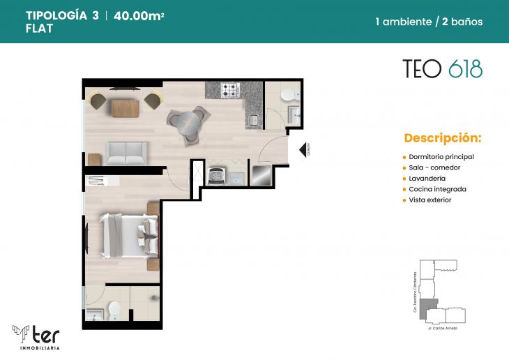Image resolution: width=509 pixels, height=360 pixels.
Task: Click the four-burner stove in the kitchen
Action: tap(230, 90)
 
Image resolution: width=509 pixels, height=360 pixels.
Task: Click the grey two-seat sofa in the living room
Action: tap(126, 151)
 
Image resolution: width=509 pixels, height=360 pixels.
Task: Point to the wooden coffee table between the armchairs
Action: tap(126, 107)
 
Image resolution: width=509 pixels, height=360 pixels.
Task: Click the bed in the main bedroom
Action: tap(130, 234)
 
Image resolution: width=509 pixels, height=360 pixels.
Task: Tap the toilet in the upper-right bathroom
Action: tap(289, 96)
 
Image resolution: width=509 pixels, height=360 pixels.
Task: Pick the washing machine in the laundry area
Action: tap(217, 176)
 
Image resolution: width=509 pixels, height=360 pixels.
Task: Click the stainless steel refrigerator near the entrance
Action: tap(261, 174)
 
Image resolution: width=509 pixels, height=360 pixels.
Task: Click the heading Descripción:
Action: tap(442, 137)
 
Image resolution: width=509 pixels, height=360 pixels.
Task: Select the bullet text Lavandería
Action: tap(429, 178)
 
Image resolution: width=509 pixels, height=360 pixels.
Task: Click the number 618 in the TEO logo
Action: tap(465, 68)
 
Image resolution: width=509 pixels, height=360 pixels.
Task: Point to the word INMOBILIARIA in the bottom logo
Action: tap(35, 347)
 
